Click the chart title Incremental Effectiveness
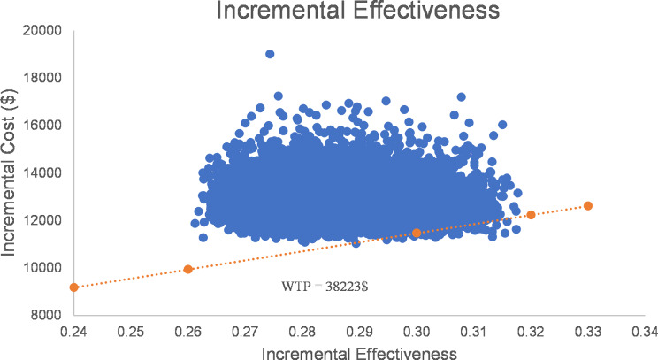coord(329,12)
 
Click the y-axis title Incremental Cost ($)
coord(14,172)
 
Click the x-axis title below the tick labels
coord(359,351)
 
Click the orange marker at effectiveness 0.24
coord(74,287)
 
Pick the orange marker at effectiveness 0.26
coord(188,269)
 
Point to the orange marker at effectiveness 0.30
coord(417,233)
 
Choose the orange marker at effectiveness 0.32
coord(531,215)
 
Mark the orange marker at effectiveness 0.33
coord(588,205)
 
